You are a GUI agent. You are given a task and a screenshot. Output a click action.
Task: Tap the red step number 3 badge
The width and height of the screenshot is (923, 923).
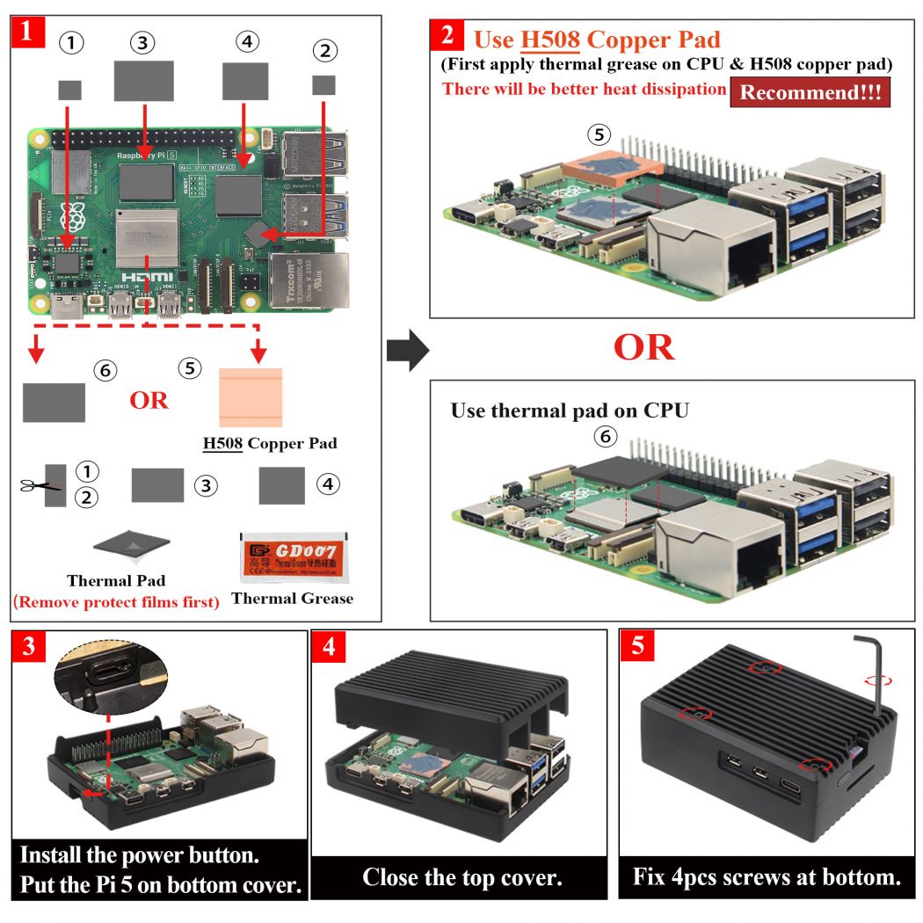[x=29, y=649]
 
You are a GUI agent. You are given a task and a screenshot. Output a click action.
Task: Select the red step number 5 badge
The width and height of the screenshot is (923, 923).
[x=637, y=646]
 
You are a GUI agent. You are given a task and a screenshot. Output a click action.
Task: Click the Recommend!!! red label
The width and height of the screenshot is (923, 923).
[x=810, y=93]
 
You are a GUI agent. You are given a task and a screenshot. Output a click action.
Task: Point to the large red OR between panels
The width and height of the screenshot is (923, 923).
[x=643, y=347]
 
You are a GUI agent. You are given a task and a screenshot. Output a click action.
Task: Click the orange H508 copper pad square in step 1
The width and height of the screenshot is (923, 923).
[x=251, y=397]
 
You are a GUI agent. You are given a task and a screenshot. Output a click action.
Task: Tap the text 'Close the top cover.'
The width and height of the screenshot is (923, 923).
[x=461, y=877]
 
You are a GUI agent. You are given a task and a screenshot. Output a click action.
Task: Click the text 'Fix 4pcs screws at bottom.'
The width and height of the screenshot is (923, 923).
[x=767, y=877]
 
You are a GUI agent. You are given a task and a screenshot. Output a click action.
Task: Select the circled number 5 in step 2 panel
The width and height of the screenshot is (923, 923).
[x=599, y=134]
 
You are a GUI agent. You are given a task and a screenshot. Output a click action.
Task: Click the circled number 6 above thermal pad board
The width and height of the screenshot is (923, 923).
[x=604, y=436]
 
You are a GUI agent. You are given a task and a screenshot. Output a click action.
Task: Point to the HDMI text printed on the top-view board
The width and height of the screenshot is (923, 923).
[x=145, y=277]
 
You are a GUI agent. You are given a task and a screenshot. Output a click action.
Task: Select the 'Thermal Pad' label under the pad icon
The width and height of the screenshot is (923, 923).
[x=116, y=580]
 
